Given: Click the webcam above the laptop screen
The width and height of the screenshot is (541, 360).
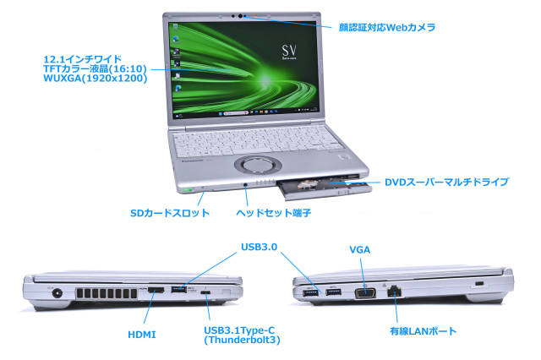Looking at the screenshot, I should [243, 16].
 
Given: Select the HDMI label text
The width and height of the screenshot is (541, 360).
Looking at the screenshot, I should [141, 335].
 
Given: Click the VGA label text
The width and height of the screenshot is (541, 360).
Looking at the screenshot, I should [360, 250].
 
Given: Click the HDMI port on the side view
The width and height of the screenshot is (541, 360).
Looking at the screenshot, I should [156, 291].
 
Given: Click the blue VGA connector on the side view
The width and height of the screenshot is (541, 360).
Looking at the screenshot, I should [365, 292].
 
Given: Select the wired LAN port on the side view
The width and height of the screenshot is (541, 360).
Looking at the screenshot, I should [395, 292].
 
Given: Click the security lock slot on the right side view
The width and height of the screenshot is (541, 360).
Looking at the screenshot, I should [480, 284].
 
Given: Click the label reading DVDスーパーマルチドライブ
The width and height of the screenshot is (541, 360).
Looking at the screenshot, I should [446, 182].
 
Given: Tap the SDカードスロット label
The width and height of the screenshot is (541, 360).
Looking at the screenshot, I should [169, 213].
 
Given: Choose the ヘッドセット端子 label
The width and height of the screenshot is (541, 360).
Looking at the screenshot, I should [273, 213].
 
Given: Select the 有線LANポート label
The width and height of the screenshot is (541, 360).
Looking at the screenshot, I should [423, 331].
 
